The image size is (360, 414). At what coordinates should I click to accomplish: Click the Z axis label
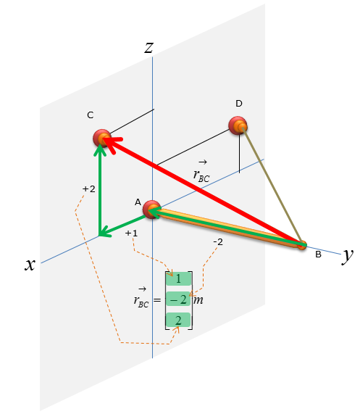click(x=149, y=48)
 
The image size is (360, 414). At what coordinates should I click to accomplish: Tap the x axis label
click(x=30, y=264)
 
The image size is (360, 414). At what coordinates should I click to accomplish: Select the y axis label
click(x=348, y=256)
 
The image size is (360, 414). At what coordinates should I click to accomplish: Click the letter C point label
click(x=91, y=115)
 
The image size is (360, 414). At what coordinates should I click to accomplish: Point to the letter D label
click(x=239, y=104)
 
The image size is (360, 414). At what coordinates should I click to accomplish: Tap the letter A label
click(x=138, y=202)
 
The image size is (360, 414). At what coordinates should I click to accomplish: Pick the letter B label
click(x=318, y=254)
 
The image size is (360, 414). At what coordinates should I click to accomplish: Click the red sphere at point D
click(x=238, y=125)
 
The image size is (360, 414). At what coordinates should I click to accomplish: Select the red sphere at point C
click(x=101, y=138)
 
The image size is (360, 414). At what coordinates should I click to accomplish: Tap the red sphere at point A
click(x=151, y=210)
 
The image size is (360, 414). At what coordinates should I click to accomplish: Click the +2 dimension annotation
click(x=89, y=189)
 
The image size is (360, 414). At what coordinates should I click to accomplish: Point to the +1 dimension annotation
click(x=131, y=233)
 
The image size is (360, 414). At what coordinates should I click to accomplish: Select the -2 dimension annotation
click(x=218, y=242)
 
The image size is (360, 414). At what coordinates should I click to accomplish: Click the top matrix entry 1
click(x=178, y=279)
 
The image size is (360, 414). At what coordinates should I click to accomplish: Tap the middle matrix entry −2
click(x=178, y=299)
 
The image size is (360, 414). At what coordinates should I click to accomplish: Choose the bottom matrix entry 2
click(x=178, y=320)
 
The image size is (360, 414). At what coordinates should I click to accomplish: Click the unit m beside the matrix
click(x=198, y=300)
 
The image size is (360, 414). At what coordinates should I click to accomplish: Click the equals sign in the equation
click(x=157, y=300)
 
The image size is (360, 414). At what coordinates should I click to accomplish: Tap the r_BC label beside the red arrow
click(x=201, y=172)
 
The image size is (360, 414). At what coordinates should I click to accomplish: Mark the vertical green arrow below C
click(x=100, y=189)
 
